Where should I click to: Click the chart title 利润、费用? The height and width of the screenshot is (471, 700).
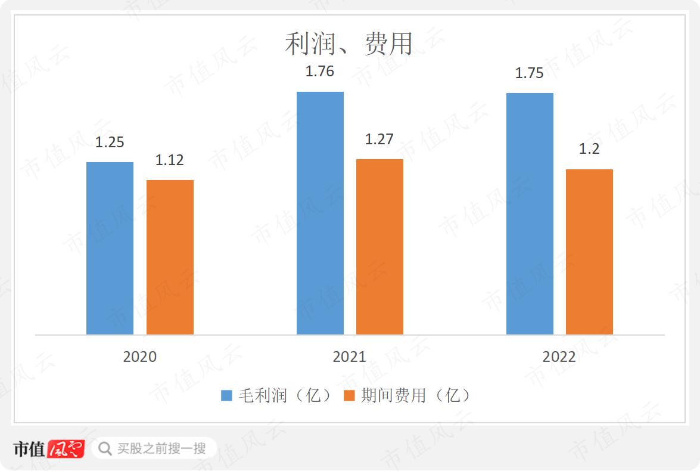pos(349,44)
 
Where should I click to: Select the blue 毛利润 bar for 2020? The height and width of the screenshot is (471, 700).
pos(110,248)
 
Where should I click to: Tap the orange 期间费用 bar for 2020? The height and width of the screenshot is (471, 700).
pos(170,257)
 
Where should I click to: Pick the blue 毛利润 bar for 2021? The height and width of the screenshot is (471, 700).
pos(320,213)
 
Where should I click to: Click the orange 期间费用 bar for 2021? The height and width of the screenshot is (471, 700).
pos(379,246)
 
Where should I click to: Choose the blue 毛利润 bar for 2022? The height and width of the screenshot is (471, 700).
pos(530,213)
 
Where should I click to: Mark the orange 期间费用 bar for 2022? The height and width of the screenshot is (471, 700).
pos(589,252)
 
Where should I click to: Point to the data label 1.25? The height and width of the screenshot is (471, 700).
pos(110,142)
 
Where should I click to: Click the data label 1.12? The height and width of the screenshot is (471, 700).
pos(170,160)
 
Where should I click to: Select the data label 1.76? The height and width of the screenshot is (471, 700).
pos(320,72)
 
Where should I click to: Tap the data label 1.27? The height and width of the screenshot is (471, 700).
pos(379,140)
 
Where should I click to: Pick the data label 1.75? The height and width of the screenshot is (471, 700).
pos(530,73)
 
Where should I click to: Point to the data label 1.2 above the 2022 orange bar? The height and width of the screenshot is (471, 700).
pos(589,149)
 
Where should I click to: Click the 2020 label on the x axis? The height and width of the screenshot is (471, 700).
pos(140,357)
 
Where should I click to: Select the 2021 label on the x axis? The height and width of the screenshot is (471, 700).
pos(350,357)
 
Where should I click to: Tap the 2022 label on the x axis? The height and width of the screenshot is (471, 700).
pos(559,357)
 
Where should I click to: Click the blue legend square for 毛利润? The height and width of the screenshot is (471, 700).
pos(227,396)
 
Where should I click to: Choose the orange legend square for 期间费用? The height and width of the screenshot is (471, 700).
pos(350,396)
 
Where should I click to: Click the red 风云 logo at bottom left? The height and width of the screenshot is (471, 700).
pos(66,448)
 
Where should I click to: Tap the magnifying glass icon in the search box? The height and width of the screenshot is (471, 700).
pos(105,448)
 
